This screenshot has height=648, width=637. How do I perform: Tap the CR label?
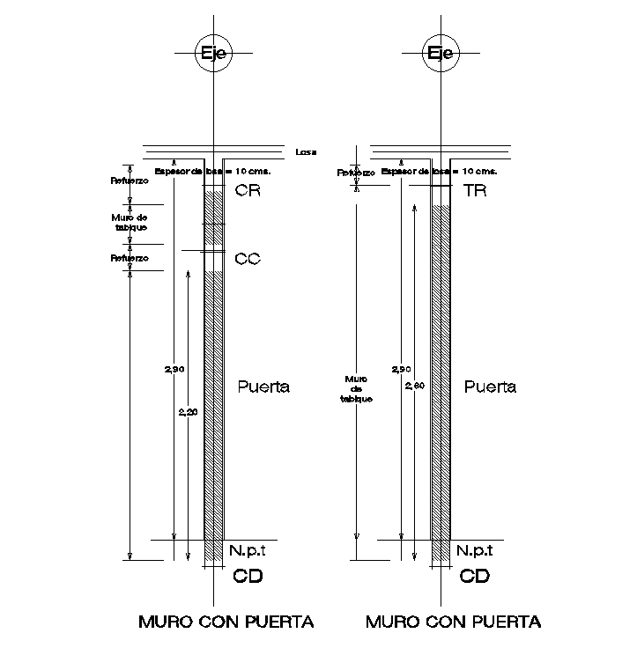tap(248, 190)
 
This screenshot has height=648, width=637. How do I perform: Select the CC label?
tap(248, 259)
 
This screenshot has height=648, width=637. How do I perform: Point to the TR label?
tap(475, 190)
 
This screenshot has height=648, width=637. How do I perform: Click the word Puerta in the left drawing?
tap(265, 387)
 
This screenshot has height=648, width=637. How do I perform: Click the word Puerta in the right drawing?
tap(490, 387)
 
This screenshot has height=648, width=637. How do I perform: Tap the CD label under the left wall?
tap(248, 577)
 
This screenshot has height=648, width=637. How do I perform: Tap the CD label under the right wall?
tap(475, 577)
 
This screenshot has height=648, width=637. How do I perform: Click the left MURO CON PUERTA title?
tap(226, 622)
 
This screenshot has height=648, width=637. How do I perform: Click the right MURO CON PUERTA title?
tap(454, 622)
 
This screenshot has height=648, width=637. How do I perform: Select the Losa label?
tap(306, 151)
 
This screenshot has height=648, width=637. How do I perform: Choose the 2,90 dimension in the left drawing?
tap(174, 369)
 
